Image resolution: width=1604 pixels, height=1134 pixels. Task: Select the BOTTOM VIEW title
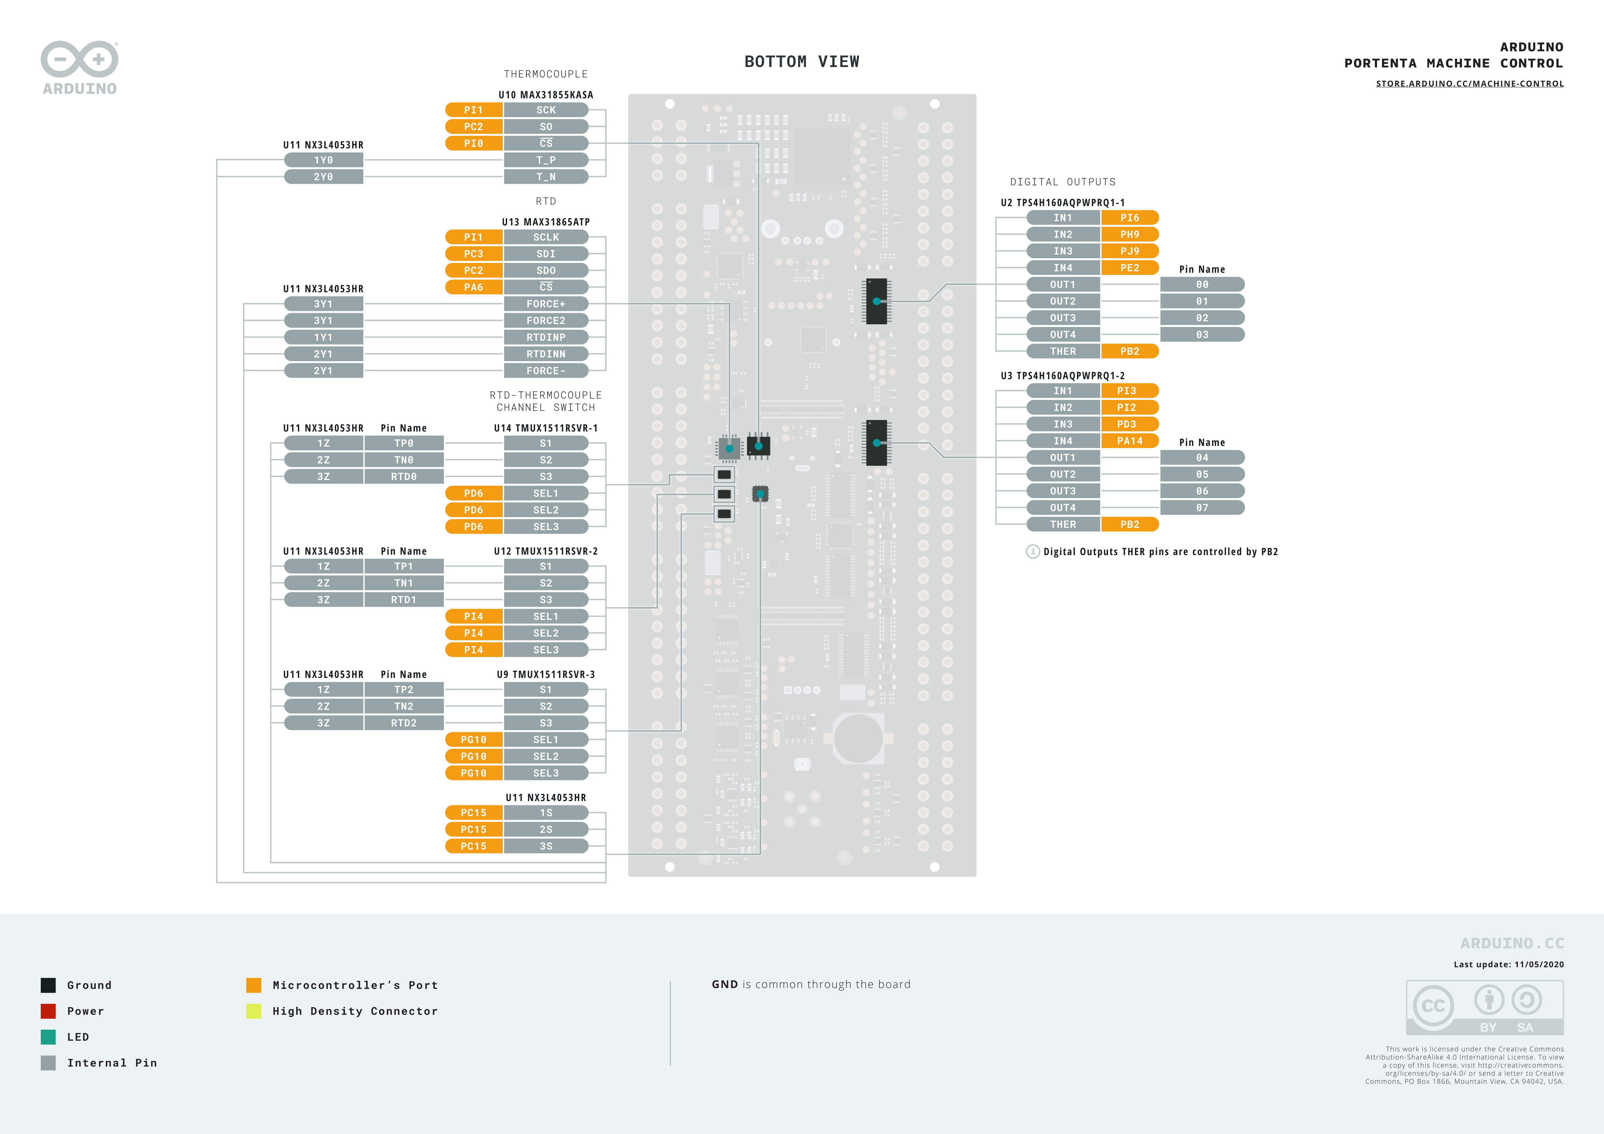pos(802,61)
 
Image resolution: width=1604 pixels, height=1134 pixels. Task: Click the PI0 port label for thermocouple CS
pos(474,143)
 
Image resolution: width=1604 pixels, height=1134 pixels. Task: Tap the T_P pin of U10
pos(546,160)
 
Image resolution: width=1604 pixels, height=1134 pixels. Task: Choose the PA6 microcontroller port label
pos(474,287)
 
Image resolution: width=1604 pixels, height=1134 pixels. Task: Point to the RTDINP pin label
pos(546,337)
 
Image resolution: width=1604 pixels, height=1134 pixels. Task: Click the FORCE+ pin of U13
pos(546,304)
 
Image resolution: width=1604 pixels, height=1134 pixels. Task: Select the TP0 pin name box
pos(404,443)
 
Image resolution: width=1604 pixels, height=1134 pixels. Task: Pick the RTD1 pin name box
pos(404,599)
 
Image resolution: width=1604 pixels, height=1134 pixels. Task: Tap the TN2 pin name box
pos(404,707)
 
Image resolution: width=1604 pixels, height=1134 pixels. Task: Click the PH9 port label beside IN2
pos(1130,234)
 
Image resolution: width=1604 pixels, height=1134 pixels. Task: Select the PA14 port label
pos(1130,441)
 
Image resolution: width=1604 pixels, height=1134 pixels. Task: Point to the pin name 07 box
pos(1202,508)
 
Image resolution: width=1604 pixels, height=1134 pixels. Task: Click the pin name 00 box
pos(1202,285)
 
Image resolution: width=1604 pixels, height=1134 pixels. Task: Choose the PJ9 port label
pos(1130,251)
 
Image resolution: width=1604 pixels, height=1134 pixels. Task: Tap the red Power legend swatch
pos(48,1011)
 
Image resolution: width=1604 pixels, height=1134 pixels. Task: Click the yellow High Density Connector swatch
pos(254,1011)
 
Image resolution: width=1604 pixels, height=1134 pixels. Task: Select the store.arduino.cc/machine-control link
pos(1470,84)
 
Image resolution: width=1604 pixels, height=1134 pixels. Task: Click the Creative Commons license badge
pos(1484,1008)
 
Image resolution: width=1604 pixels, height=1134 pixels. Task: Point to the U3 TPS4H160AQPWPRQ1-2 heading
pos(1062,376)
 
